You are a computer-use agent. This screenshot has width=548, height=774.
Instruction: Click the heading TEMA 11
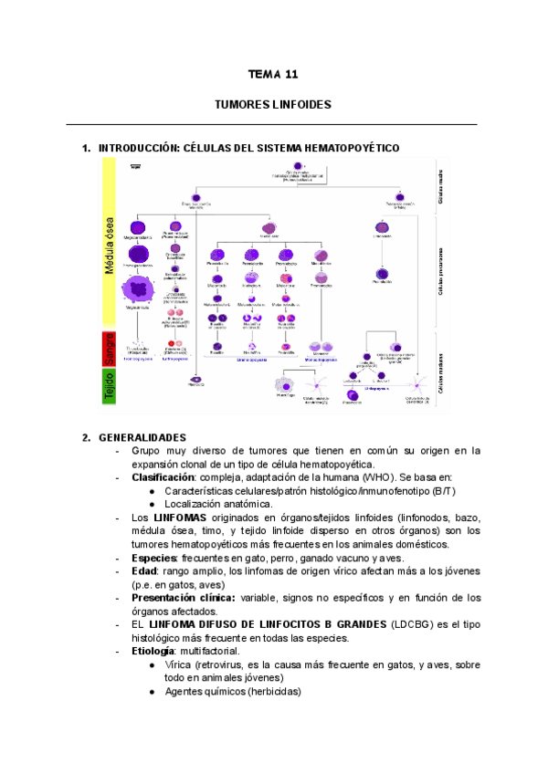(x=273, y=75)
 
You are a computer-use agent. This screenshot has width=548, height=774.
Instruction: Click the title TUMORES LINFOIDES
(x=272, y=106)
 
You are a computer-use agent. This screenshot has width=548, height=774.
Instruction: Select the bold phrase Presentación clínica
(x=183, y=598)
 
